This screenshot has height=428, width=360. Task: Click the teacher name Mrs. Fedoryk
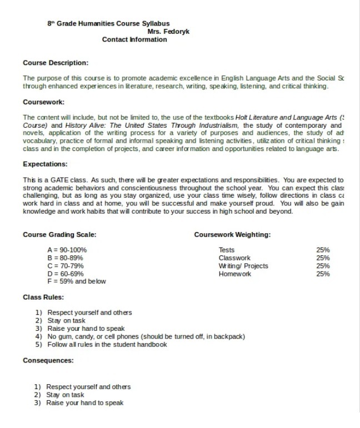[168, 32]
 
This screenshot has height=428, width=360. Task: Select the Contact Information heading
[134, 39]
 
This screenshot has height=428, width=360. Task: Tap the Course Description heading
[56, 63]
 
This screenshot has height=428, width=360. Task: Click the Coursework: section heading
[44, 102]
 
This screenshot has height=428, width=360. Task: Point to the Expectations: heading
[46, 164]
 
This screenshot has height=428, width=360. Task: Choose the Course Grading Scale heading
[59, 235]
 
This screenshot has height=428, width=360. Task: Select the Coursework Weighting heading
[232, 235]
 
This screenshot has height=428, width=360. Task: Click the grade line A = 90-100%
[67, 250]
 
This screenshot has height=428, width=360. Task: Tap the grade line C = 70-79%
[66, 265]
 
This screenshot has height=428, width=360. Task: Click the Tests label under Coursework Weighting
[227, 250]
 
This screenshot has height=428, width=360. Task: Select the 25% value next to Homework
[323, 274]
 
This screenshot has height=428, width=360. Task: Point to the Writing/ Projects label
[243, 266]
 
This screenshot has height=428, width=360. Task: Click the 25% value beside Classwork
[323, 258]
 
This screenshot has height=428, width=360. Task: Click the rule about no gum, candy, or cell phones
[146, 336]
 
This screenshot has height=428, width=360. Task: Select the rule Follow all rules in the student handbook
[107, 344]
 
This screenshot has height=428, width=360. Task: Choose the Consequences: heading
[48, 360]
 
